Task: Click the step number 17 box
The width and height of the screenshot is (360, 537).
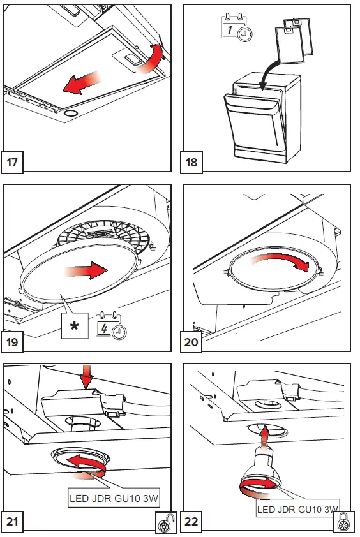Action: click(12, 162)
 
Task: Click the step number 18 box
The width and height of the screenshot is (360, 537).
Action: click(191, 162)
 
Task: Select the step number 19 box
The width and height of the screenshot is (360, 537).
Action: click(12, 341)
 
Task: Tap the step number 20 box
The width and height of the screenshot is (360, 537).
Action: click(191, 341)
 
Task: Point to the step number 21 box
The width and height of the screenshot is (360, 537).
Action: click(12, 521)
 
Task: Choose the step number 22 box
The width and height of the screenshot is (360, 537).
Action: click(191, 521)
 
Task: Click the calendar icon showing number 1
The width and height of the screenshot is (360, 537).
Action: click(237, 27)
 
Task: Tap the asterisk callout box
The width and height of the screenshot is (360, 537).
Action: click(75, 326)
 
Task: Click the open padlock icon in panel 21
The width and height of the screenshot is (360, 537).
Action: click(166, 524)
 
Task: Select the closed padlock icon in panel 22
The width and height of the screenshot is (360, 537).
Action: click(344, 523)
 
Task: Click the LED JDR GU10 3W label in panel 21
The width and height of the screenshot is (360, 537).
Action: click(114, 497)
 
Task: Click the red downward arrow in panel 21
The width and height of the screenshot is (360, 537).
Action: click(87, 376)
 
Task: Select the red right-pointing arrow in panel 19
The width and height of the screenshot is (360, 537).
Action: click(86, 270)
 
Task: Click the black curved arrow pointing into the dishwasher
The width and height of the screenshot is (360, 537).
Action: click(269, 72)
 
